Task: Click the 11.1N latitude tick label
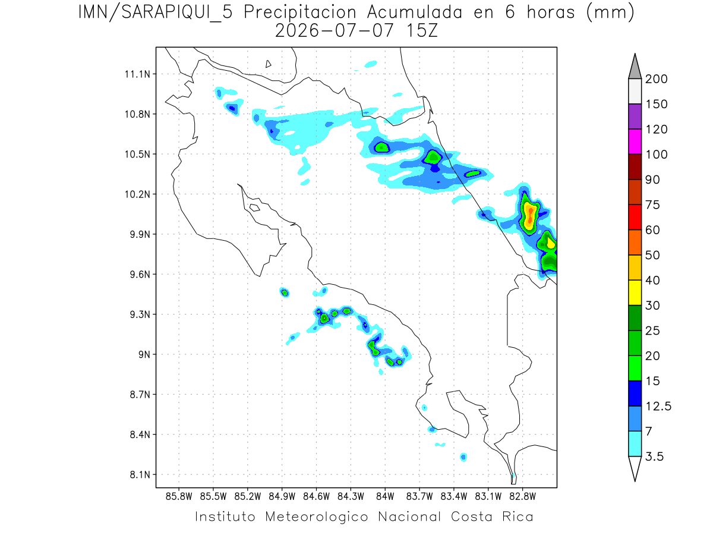coord(137,74)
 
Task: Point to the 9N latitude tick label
coord(144,354)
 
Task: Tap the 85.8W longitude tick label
coord(179,497)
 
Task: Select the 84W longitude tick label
coord(385,497)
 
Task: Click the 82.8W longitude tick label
coord(523,497)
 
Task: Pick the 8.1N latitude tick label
coord(140,474)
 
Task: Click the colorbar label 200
coord(656,79)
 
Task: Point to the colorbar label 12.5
coord(658,407)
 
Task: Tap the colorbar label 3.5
coord(654,457)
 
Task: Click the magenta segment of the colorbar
coord(635,141)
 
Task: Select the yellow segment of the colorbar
coord(635,292)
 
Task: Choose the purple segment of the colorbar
coord(635,117)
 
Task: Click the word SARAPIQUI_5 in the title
coord(177,13)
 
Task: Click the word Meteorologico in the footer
coord(316,517)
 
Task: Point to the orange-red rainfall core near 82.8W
coord(530,216)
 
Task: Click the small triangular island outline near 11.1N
coord(267,64)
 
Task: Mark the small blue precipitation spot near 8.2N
coord(463,457)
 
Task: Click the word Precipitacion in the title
coord(300,13)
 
